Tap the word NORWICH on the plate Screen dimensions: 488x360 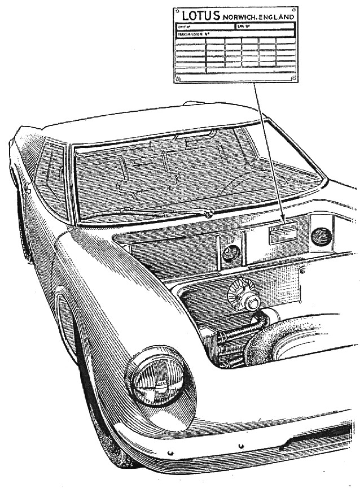(x=241, y=17)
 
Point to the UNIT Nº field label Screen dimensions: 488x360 (x=184, y=27)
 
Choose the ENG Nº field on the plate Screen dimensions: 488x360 (x=243, y=27)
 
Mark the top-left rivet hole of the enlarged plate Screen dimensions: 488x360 (x=178, y=11)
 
